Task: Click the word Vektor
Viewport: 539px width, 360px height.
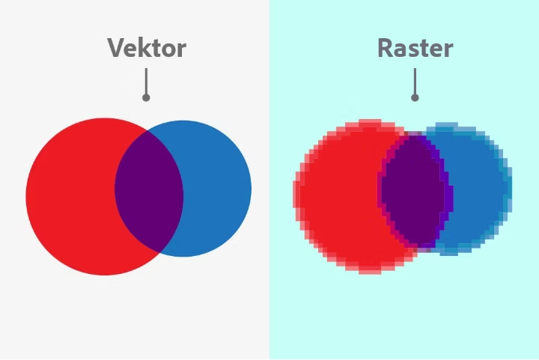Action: click(146, 48)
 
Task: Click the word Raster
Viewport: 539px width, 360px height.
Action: click(415, 48)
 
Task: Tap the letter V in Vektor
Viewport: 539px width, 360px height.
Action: click(115, 48)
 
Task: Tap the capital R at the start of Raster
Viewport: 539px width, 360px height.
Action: click(385, 48)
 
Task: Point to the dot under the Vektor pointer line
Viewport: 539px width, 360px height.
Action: click(146, 97)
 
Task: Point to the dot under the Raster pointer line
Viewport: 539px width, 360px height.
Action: click(415, 97)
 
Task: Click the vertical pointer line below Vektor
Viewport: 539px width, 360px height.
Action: click(146, 81)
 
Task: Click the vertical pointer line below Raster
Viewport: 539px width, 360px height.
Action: click(415, 81)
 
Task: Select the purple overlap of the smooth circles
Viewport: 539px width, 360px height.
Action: click(149, 191)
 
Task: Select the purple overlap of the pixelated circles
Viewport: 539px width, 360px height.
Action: click(414, 189)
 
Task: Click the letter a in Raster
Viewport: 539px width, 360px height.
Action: click(401, 50)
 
